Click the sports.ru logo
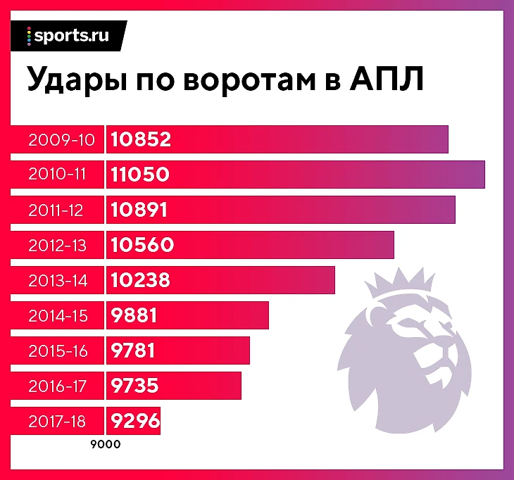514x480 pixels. (x=68, y=36)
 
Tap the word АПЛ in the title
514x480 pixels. (x=385, y=79)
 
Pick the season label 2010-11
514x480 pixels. (x=58, y=175)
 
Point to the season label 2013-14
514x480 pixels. (x=58, y=280)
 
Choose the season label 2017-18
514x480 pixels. (x=58, y=421)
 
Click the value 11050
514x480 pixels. (x=140, y=175)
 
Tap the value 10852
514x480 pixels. (x=141, y=139)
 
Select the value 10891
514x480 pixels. (x=139, y=210)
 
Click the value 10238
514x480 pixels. (x=140, y=280)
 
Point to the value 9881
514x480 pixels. (x=134, y=315)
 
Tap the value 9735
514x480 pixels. (x=134, y=386)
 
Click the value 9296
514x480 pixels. (x=134, y=421)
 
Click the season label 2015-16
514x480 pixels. (x=58, y=350)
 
